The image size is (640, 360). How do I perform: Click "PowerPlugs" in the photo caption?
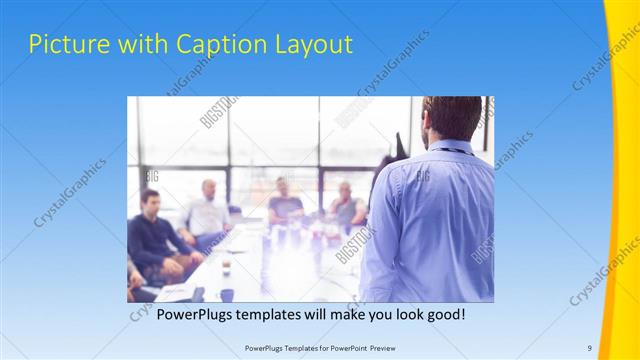[x=196, y=314]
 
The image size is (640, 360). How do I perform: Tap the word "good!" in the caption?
[x=445, y=314]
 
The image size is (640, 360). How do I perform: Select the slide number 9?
[x=589, y=347]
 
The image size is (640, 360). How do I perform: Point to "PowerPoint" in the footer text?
[x=343, y=347]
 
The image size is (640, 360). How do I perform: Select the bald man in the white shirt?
[x=208, y=210]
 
